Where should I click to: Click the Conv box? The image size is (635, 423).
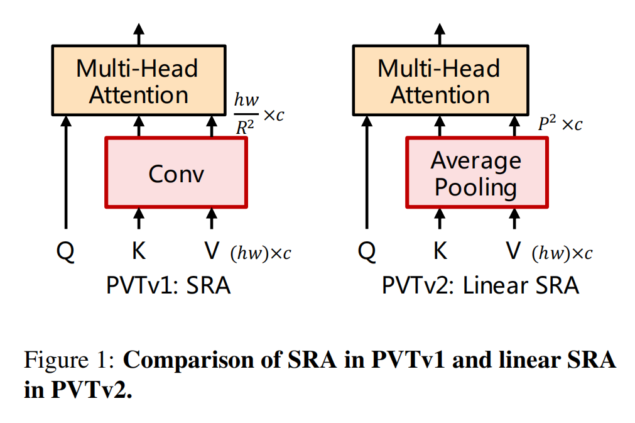pos(176,173)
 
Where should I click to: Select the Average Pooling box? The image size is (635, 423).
pos(476,173)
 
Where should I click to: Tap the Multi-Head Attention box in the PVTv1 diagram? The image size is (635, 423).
pos(138,80)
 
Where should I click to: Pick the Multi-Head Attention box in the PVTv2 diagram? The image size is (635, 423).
pos(439,80)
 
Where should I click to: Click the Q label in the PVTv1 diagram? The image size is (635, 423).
pos(65,251)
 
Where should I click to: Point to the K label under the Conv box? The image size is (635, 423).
pos(139,251)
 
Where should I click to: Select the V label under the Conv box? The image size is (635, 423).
pos(212,251)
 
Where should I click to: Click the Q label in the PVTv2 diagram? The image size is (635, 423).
pos(367,251)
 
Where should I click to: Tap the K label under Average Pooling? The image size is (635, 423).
pos(440,251)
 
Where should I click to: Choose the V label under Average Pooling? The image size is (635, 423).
pos(514,251)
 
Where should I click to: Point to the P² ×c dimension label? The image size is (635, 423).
pos(560,124)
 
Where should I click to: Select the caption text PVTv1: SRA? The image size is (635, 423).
pos(168,286)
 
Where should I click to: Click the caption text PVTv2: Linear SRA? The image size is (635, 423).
pos(480,286)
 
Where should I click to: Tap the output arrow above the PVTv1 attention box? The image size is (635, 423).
pos(139,33)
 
